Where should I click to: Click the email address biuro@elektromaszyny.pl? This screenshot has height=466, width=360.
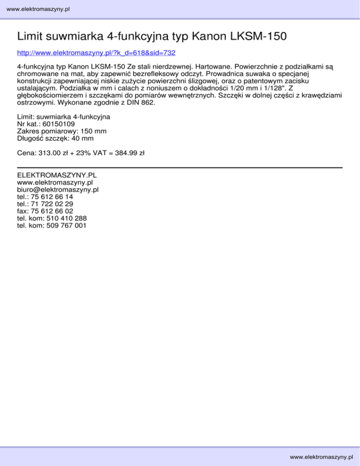click(57, 190)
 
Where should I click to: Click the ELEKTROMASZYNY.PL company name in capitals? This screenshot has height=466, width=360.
click(57, 175)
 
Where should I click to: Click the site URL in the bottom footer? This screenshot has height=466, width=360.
click(321, 457)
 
